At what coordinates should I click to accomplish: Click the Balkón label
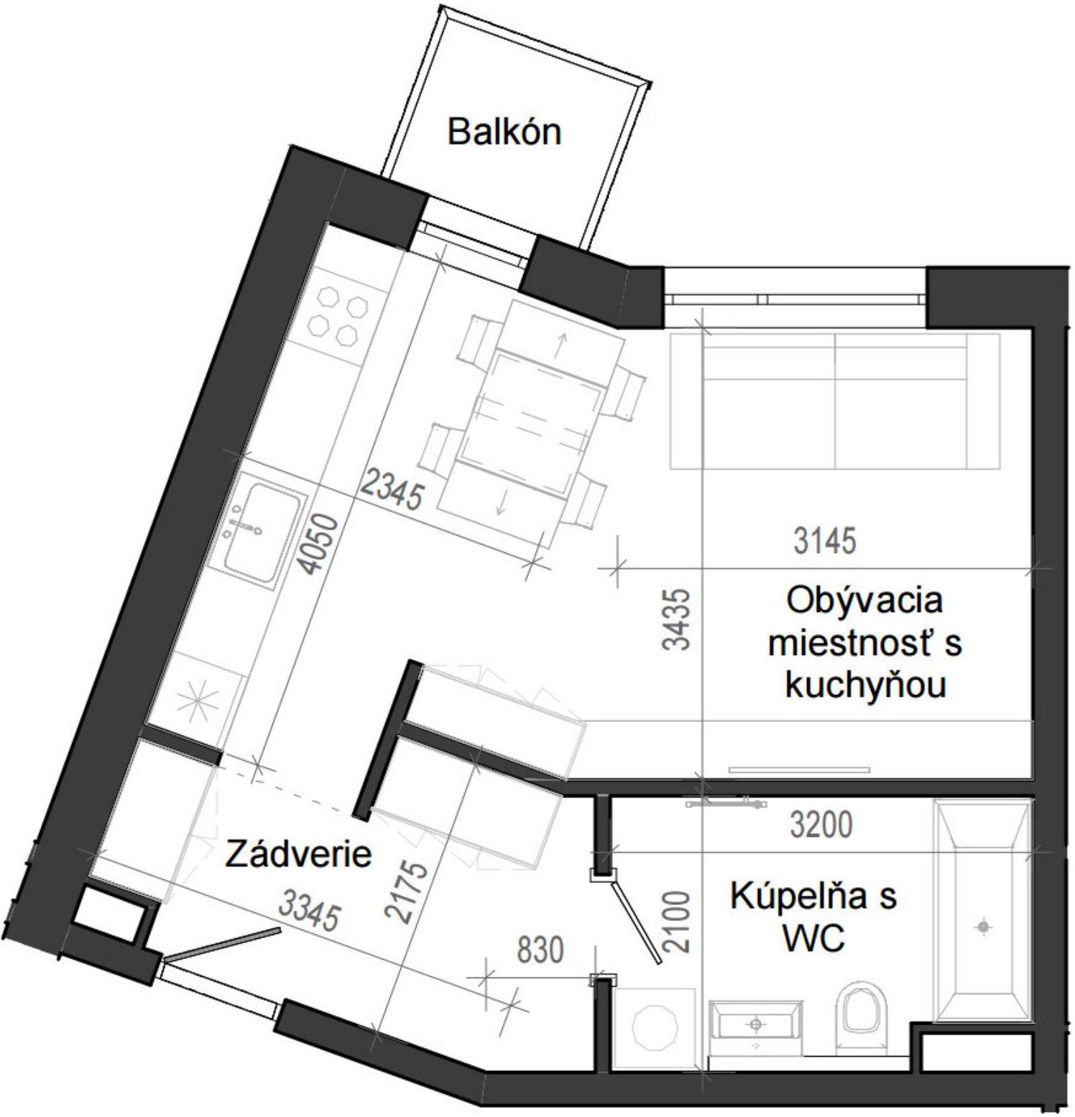[504, 133]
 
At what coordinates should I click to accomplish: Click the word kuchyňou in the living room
[865, 685]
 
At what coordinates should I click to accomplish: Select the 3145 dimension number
[825, 541]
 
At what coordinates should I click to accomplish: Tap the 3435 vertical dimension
[676, 619]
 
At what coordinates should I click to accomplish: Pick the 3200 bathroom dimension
[821, 825]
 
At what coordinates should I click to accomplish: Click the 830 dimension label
[540, 950]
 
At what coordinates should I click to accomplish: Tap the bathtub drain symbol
[982, 927]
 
